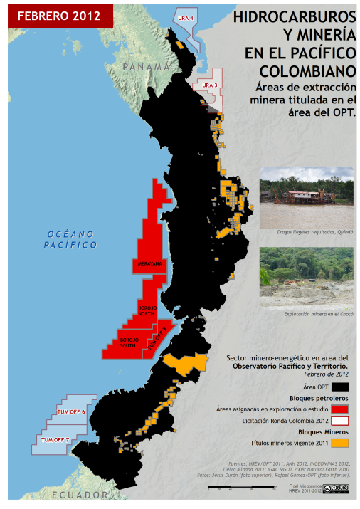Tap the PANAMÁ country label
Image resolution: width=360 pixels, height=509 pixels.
coord(147,66)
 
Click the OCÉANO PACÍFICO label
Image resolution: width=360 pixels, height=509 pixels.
coord(71,239)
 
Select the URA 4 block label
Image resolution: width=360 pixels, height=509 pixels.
coord(186,18)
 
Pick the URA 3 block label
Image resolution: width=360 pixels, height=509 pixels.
coord(209,85)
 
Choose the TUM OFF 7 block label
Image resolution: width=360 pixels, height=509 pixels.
coord(55,440)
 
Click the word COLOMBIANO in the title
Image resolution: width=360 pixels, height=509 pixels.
coord(307,71)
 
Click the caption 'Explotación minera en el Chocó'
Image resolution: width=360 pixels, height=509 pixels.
coord(319,314)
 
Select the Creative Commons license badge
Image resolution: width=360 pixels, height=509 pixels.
coord(337,488)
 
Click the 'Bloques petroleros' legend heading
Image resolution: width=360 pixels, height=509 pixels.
coord(318,397)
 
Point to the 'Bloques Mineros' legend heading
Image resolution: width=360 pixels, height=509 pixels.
coord(323,431)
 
